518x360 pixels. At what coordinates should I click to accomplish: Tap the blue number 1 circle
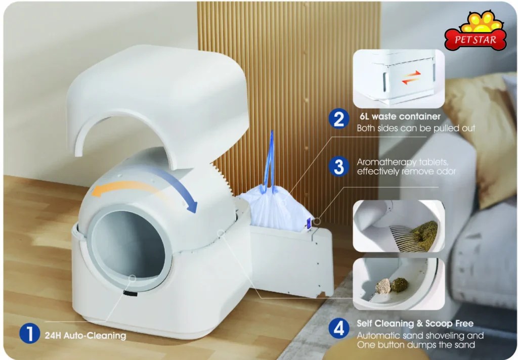(x=29, y=333)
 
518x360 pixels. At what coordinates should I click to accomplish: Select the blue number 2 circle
(x=338, y=119)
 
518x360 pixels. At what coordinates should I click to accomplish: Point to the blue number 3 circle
(x=338, y=166)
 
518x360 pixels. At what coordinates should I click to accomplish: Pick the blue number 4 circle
(x=338, y=329)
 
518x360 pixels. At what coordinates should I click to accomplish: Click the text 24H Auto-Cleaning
(x=85, y=336)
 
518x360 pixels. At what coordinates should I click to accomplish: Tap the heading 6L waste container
(x=400, y=116)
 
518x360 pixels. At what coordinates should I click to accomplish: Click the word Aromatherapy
(x=386, y=162)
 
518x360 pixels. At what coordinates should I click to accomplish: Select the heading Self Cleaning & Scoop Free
(x=415, y=323)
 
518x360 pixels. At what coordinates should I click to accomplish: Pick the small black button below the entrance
(x=130, y=293)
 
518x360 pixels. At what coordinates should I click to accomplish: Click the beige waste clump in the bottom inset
(x=383, y=286)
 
